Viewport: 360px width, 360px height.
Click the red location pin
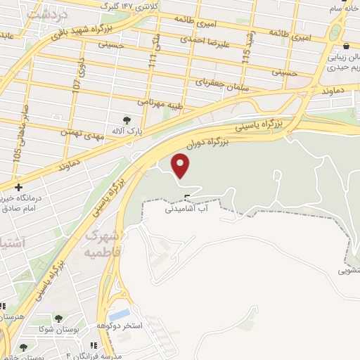(181, 166)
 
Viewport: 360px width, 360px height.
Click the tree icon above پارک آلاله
(127, 120)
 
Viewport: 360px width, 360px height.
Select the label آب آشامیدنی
(186, 209)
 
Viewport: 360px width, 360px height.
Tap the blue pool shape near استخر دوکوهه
(120, 314)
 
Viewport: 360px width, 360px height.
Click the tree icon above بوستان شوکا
(58, 319)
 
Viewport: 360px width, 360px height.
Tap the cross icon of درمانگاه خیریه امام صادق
(18, 187)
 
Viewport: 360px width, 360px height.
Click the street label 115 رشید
(247, 51)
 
